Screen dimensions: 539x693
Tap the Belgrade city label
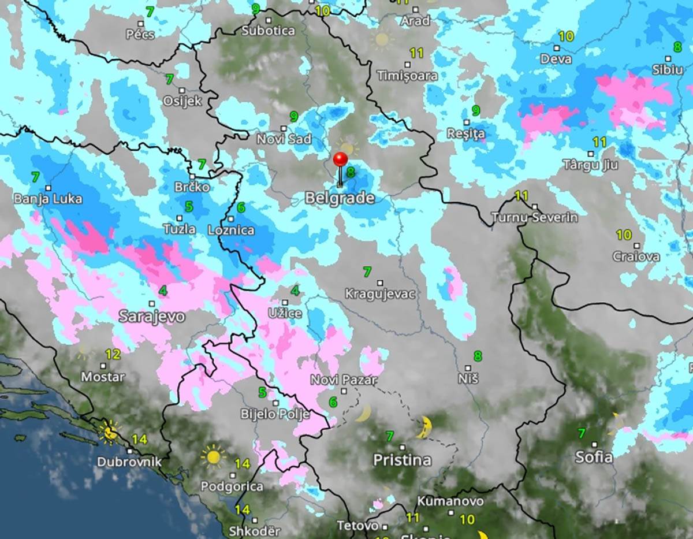click(x=339, y=198)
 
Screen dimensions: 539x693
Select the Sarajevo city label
click(x=152, y=317)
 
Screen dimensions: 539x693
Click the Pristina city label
click(x=402, y=460)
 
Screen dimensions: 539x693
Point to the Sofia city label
click(x=593, y=457)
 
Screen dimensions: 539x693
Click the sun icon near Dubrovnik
click(x=109, y=432)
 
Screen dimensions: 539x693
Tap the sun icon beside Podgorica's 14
click(x=213, y=456)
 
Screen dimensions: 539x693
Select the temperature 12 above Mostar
click(x=113, y=354)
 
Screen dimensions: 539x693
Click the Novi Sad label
click(x=284, y=139)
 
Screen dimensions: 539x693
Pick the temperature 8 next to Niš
click(x=478, y=356)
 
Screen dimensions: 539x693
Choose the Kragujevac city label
click(x=379, y=294)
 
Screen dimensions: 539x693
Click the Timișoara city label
click(x=407, y=76)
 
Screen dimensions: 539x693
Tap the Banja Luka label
click(x=48, y=199)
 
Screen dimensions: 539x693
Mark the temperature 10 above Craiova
click(x=623, y=235)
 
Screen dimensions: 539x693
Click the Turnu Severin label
click(x=534, y=218)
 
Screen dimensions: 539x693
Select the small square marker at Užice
click(x=285, y=302)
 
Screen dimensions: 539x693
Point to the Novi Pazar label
click(x=344, y=380)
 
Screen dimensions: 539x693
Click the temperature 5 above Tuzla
click(x=189, y=206)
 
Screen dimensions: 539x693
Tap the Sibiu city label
click(x=667, y=70)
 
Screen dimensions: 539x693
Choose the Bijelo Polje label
click(x=275, y=414)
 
